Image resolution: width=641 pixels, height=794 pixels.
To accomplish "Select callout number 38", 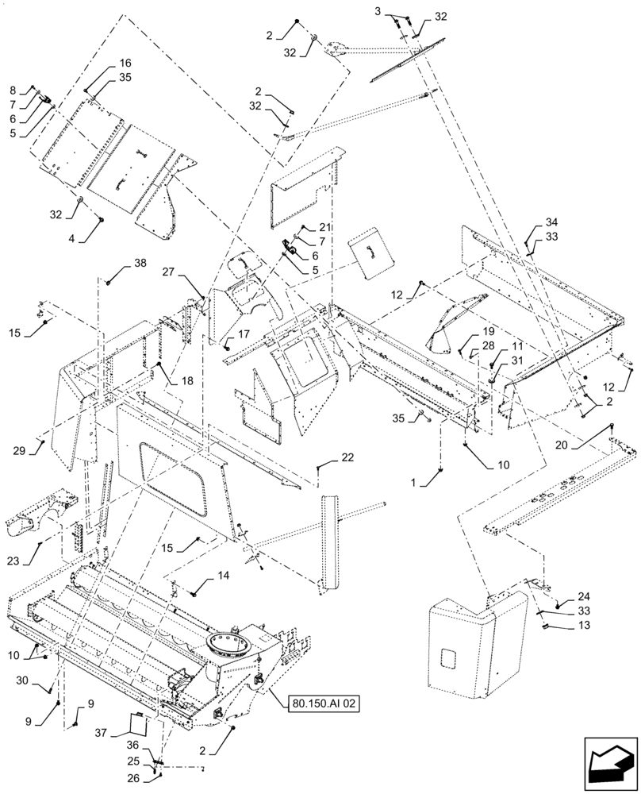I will pyautogui.click(x=140, y=264).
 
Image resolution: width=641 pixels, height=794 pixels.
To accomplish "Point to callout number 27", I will pyautogui.click(x=169, y=272).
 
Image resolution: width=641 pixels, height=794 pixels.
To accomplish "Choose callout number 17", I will pyautogui.click(x=244, y=334).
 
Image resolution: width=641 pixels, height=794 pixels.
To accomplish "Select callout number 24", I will pyautogui.click(x=584, y=595).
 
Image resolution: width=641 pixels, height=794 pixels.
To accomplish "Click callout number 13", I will pyautogui.click(x=584, y=626).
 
